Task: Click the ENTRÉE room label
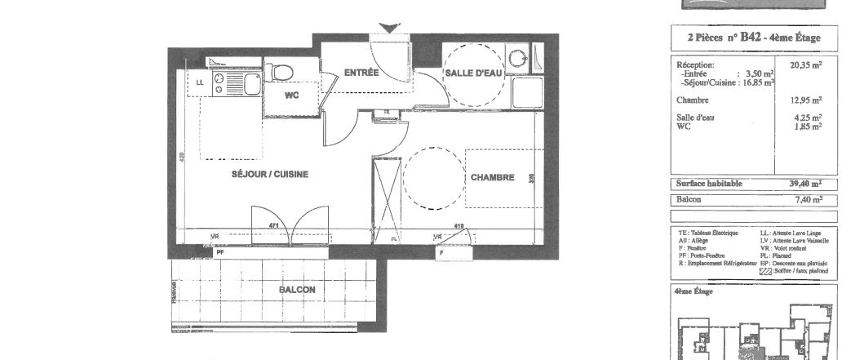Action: [x=361, y=73]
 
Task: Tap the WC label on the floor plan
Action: [x=292, y=95]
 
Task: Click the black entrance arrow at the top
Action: [x=390, y=29]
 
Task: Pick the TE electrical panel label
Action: [x=387, y=113]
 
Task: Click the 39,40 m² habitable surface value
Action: [x=804, y=184]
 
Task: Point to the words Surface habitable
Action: [x=709, y=184]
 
